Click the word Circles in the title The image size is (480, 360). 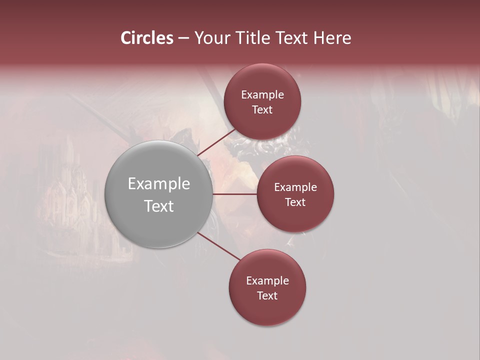pyautogui.click(x=147, y=38)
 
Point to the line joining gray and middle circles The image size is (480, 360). pyautogui.click(x=235, y=194)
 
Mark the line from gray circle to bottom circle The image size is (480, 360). pyautogui.click(x=219, y=246)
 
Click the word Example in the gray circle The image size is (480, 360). pyautogui.click(x=159, y=184)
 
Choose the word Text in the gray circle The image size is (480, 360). pyautogui.click(x=159, y=205)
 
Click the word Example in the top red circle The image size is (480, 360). pyautogui.click(x=262, y=95)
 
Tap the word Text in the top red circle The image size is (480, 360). pyautogui.click(x=262, y=109)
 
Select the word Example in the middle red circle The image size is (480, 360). pyautogui.click(x=295, y=187)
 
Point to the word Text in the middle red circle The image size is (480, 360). pyautogui.click(x=295, y=202)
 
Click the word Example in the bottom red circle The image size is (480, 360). pyautogui.click(x=267, y=281)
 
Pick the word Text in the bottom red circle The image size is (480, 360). pyautogui.click(x=267, y=295)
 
